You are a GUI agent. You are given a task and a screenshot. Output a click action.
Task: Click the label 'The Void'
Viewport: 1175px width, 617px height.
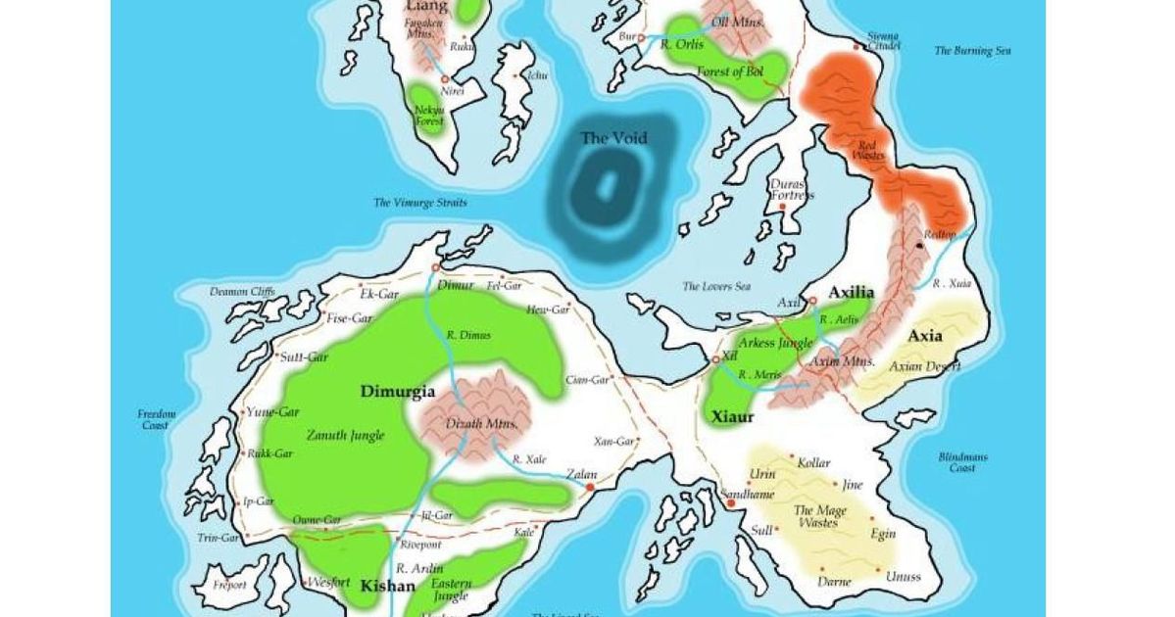[x=614, y=138]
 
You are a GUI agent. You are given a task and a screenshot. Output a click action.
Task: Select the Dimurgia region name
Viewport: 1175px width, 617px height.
[x=397, y=392]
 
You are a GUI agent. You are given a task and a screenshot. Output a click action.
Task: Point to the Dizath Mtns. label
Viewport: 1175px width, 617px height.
[x=474, y=424]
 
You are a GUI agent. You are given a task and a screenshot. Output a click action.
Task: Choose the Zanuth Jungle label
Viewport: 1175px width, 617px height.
[x=345, y=435]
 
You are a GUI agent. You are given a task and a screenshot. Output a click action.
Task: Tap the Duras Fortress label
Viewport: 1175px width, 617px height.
[x=791, y=189]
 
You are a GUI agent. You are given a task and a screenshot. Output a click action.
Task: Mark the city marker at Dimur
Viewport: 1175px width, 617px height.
[x=435, y=266]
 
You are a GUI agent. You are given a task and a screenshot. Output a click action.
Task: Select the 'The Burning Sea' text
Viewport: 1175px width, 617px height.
[x=971, y=51]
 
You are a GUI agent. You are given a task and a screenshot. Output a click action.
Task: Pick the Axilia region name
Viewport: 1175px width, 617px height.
[x=851, y=293]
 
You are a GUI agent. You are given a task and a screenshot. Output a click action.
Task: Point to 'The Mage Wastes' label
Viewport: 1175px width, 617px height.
[x=815, y=516]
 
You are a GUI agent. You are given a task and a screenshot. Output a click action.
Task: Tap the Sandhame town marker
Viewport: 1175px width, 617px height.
[x=730, y=503]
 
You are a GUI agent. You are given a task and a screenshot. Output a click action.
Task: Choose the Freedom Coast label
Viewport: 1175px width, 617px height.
[x=157, y=419]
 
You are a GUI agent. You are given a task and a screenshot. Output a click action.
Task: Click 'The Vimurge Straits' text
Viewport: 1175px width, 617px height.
[x=420, y=203]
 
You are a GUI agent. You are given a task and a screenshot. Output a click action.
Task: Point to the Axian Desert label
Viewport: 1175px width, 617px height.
[x=924, y=366]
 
